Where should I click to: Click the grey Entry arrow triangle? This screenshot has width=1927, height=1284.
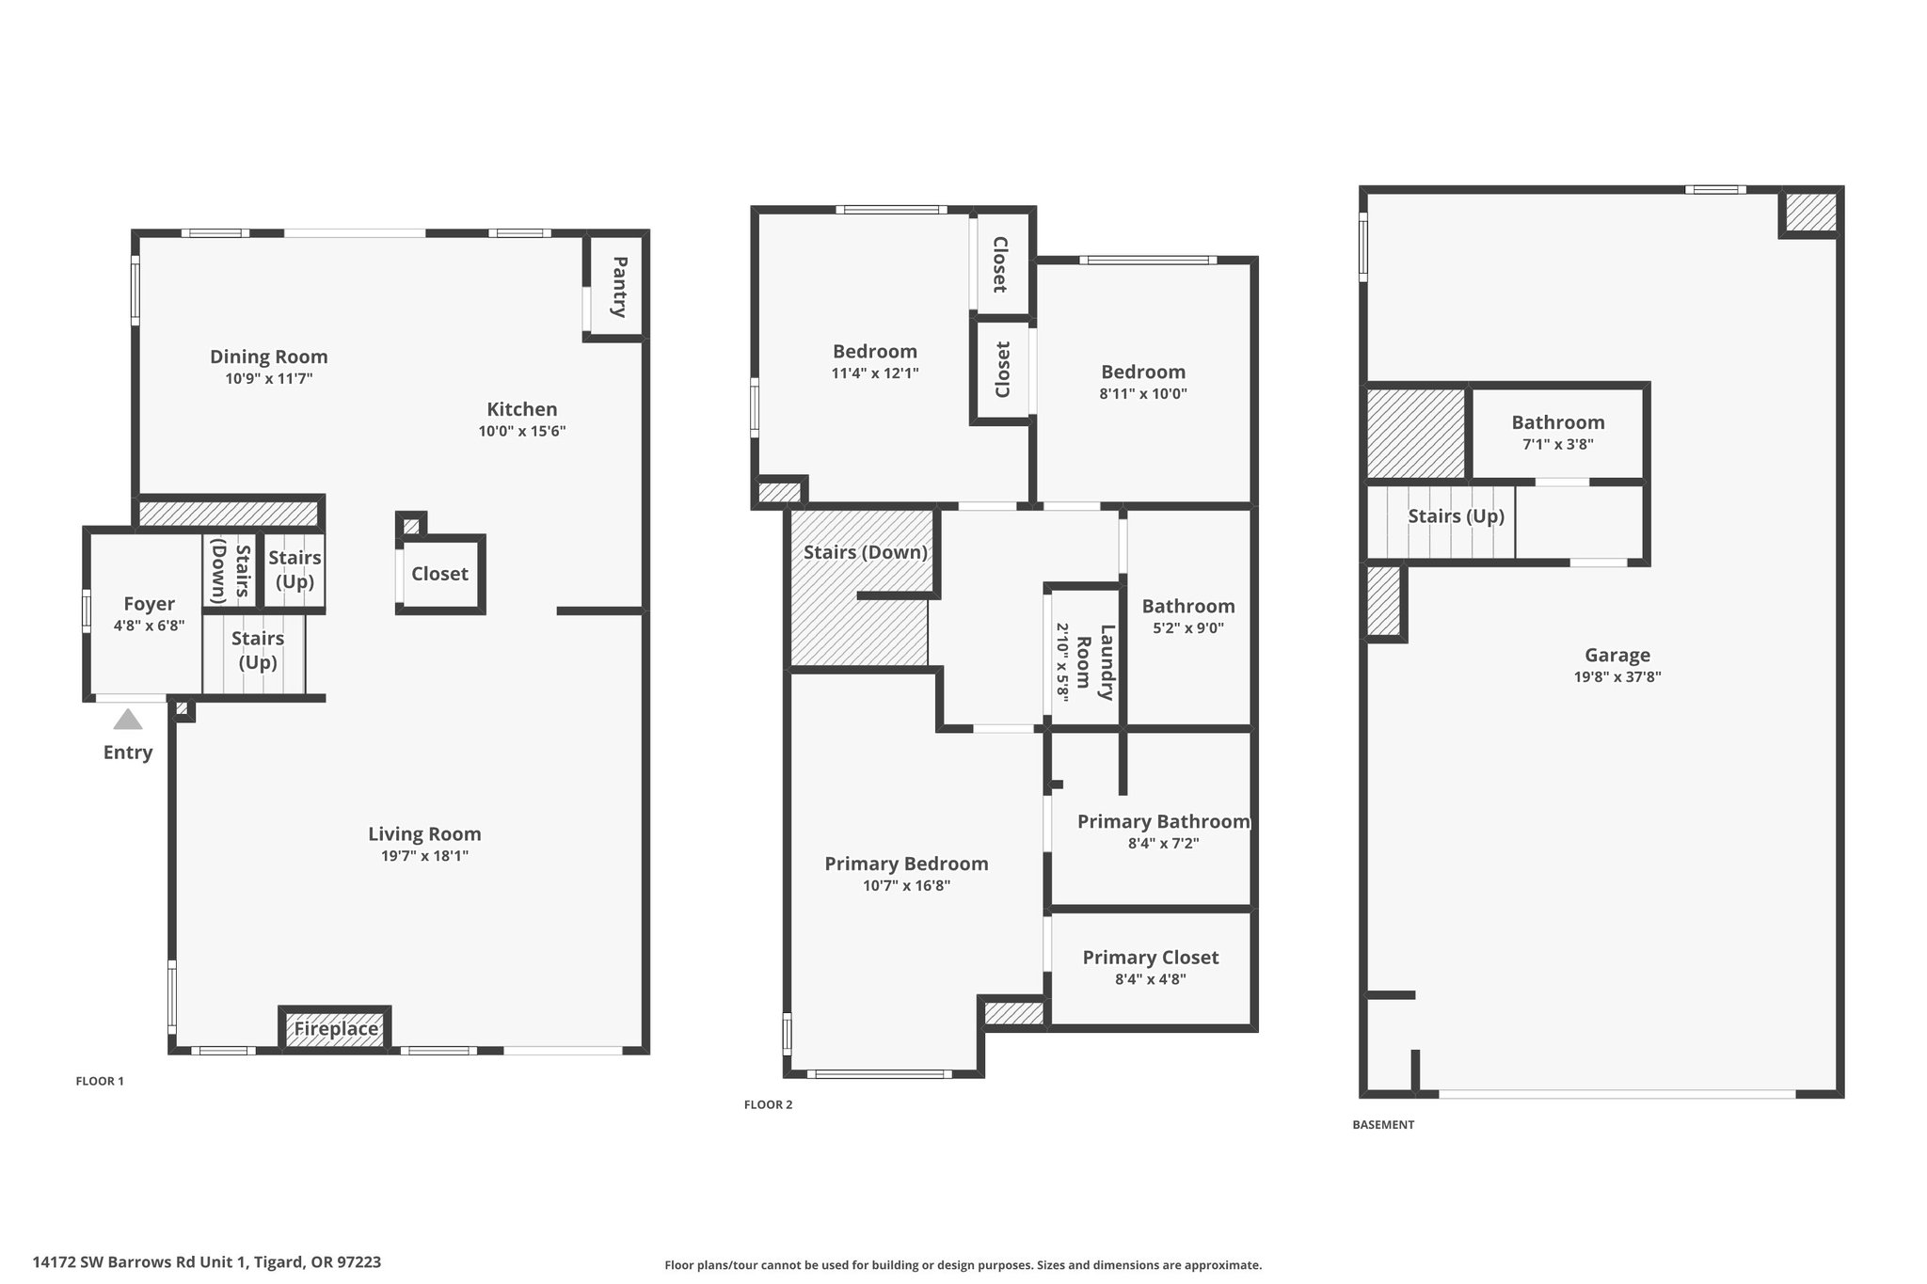point(128,720)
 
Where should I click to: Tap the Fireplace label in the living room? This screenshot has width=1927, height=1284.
point(336,1029)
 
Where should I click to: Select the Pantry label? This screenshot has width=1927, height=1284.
point(619,287)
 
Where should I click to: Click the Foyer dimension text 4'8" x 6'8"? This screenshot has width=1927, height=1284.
point(149,626)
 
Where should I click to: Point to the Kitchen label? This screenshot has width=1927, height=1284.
point(522,409)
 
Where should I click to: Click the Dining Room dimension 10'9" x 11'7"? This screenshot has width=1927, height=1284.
point(268,379)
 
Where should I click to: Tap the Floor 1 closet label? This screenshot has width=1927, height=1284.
point(439,574)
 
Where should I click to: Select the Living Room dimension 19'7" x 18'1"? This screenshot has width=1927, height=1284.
point(424,856)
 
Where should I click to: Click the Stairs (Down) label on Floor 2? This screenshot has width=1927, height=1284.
point(866,552)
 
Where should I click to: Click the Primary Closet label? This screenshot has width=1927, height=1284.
point(1151,958)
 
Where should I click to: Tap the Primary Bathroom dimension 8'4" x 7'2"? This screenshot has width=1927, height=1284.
point(1164,844)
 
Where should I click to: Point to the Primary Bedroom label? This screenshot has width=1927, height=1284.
point(906,864)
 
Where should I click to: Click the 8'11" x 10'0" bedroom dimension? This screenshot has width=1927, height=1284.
point(1143,394)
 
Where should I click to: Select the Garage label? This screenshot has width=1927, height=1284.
point(1617,656)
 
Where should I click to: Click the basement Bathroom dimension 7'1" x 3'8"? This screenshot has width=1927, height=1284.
point(1558,445)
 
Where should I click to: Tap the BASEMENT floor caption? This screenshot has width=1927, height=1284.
point(1383,1124)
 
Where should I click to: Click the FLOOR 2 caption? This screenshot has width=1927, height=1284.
point(768,1104)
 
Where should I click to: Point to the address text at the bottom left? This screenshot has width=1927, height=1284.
point(207,1262)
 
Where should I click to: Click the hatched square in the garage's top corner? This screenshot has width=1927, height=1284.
point(1810,213)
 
